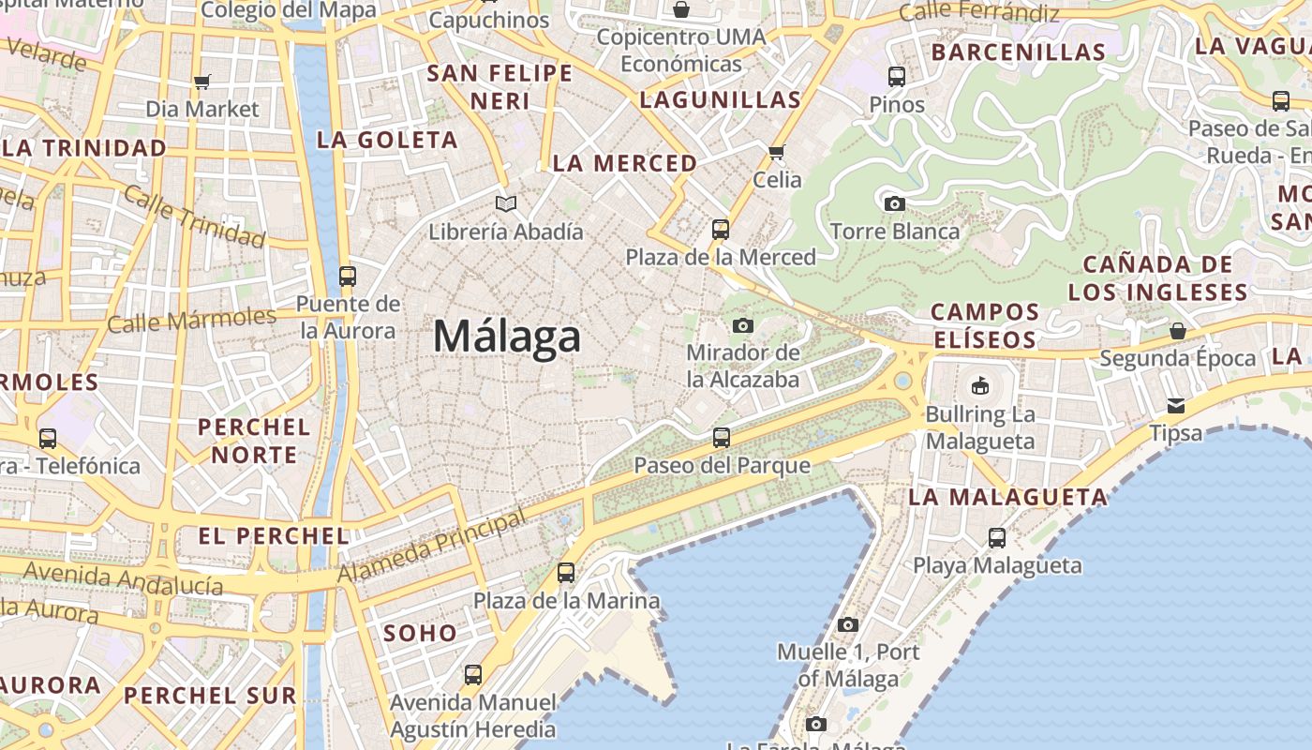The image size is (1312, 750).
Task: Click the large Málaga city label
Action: click(x=507, y=336)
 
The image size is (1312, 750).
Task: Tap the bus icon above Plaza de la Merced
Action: click(x=720, y=229)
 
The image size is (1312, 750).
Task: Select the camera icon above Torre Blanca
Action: click(x=894, y=203)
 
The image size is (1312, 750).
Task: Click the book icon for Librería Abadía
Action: click(x=506, y=203)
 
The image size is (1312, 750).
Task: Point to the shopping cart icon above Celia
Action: click(x=776, y=152)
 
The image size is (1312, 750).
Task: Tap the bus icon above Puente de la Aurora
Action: click(x=348, y=277)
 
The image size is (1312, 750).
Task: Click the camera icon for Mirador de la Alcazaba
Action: click(x=743, y=325)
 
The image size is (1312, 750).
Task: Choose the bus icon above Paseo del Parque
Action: click(x=721, y=438)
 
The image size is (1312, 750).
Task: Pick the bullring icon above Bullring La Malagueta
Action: click(x=980, y=385)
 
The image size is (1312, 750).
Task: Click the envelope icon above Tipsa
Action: click(x=1175, y=405)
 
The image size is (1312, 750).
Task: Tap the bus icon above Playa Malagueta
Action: click(x=997, y=538)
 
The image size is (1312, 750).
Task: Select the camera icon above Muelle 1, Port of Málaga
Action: click(x=847, y=624)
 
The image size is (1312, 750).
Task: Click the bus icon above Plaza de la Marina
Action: click(x=566, y=572)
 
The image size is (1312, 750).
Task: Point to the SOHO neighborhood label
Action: click(x=420, y=633)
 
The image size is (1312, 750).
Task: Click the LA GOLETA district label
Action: click(x=387, y=141)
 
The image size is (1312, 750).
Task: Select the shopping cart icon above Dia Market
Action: click(x=202, y=82)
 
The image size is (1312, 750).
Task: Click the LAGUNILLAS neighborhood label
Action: click(x=721, y=100)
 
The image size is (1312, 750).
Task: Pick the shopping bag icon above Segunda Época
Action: click(x=1177, y=331)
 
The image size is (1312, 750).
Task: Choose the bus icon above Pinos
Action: click(x=897, y=77)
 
